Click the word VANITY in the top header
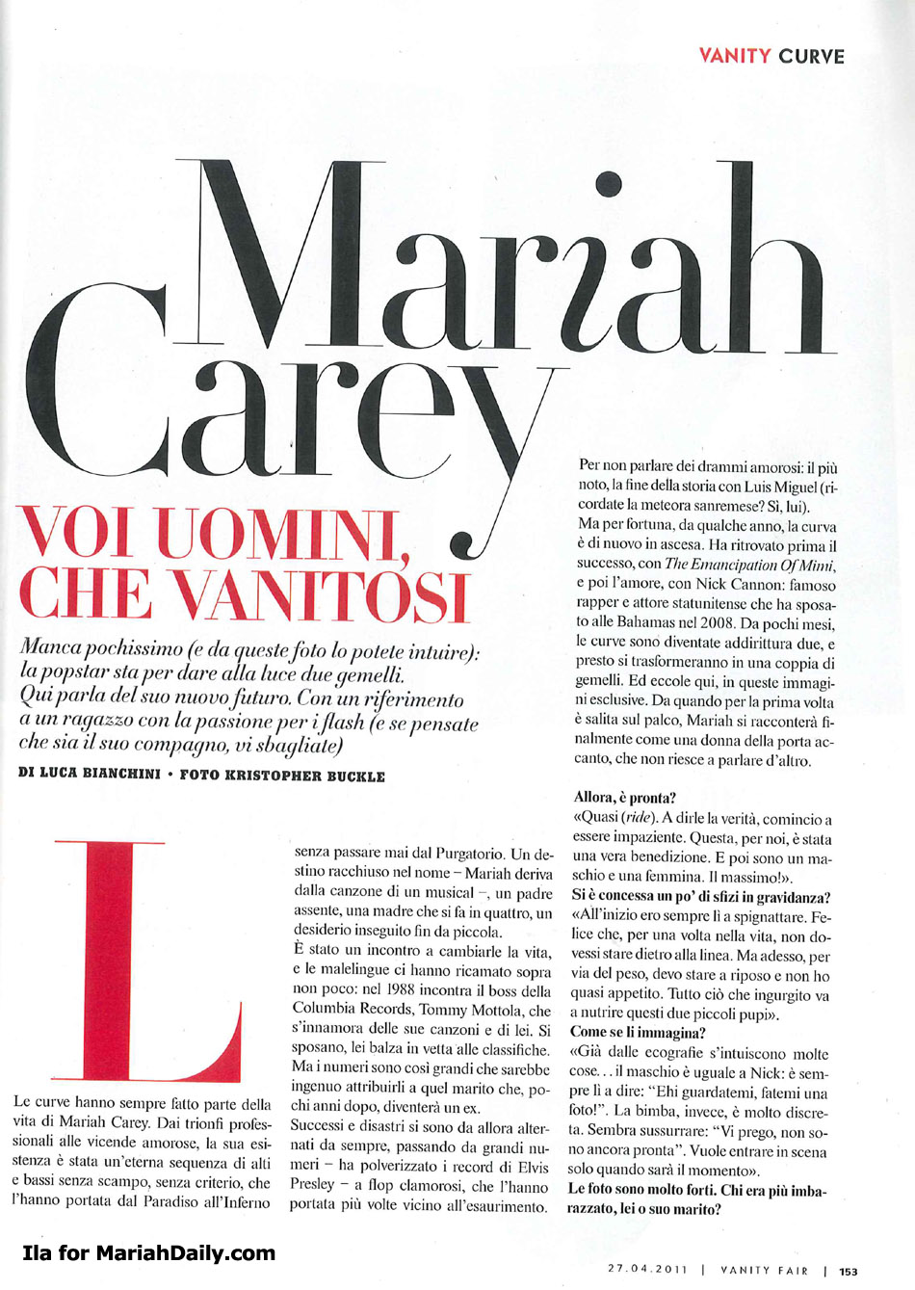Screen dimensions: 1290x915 (x=734, y=56)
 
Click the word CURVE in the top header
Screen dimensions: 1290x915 (x=811, y=56)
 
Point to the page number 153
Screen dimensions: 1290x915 (x=848, y=1271)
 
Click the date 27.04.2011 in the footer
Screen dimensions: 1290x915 (x=647, y=1270)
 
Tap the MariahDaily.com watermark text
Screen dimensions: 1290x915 (x=148, y=1252)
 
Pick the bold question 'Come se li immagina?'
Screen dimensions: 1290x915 (x=638, y=1032)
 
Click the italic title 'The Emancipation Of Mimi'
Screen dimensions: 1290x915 (x=748, y=565)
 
